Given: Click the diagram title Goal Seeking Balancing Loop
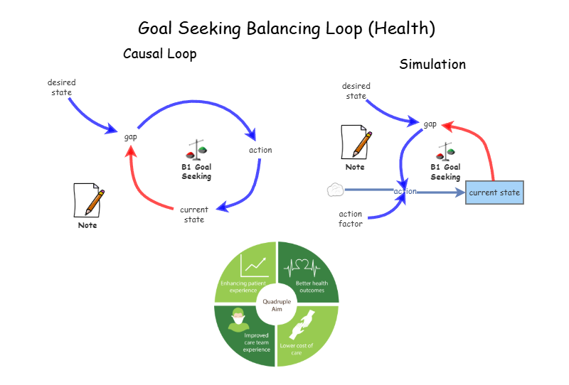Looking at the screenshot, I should pos(286,28).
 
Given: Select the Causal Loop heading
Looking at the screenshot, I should pos(159,54).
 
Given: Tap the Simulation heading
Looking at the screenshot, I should pos(432,65).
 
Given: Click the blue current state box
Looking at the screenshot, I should pos(494,192).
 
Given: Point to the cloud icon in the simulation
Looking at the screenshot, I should pos(336,190).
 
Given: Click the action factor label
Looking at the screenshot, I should pos(351,219).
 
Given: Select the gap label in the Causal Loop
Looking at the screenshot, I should pos(130,136).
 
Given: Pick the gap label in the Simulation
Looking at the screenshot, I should pos(430,124).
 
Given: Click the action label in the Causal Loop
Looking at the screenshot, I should pos(260,150).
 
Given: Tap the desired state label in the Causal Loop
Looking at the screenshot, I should pos(62,87).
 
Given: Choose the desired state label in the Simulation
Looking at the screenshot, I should pos(356,91).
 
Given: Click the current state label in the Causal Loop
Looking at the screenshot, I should pos(194,215).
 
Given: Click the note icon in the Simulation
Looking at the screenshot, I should pos(356,141).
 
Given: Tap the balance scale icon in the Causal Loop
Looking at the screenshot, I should pos(196,150).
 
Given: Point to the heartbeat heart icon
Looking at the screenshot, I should pos(302,267).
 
